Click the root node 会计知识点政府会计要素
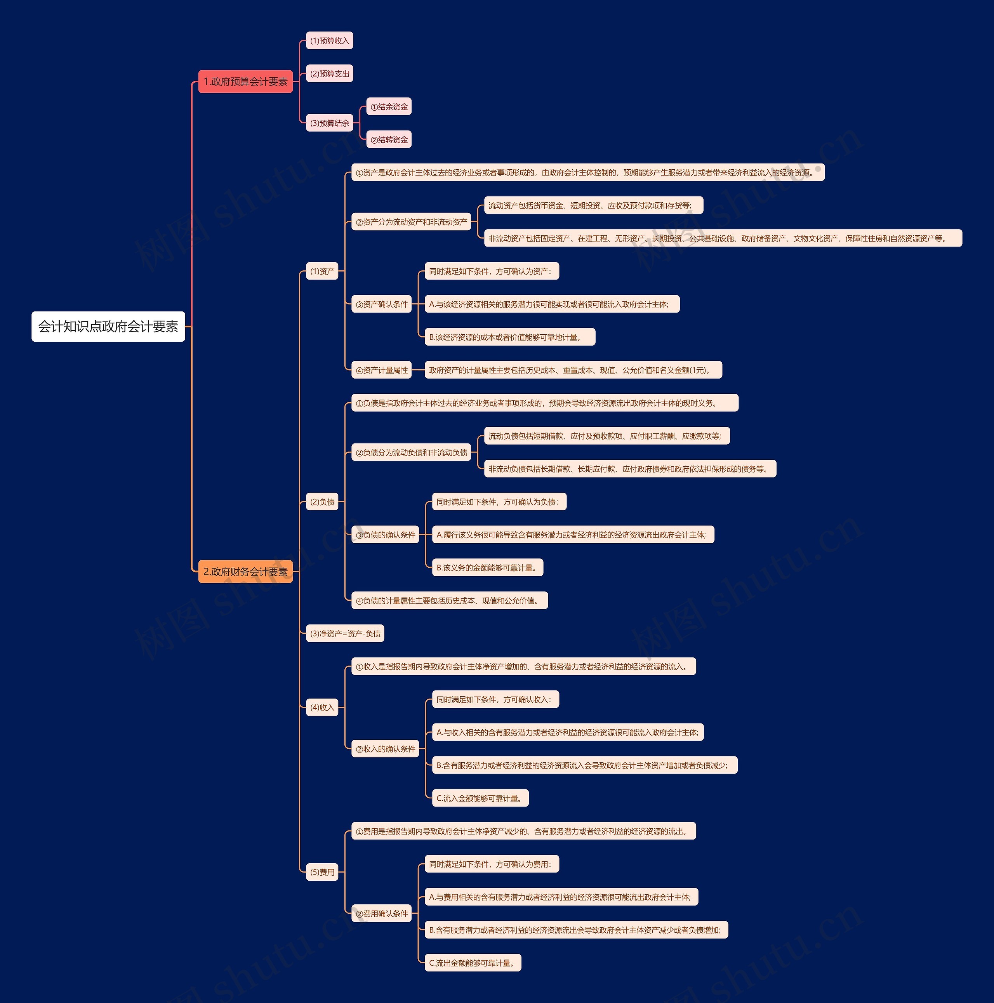coord(108,327)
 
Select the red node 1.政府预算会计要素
coord(245,82)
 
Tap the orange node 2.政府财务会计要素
coord(245,572)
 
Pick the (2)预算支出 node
coord(330,74)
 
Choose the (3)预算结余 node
coord(330,123)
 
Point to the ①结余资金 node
coord(389,107)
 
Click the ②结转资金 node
coord(389,140)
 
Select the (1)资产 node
coord(322,271)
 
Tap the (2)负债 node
coord(322,502)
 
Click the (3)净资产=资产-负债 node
coord(345,633)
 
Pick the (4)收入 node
coord(322,707)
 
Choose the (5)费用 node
coord(322,872)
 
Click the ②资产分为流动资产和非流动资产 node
coord(411,222)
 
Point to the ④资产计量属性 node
coord(382,370)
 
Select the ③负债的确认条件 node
coord(385,535)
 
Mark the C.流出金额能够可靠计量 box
coord(473,963)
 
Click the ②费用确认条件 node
coord(382,914)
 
